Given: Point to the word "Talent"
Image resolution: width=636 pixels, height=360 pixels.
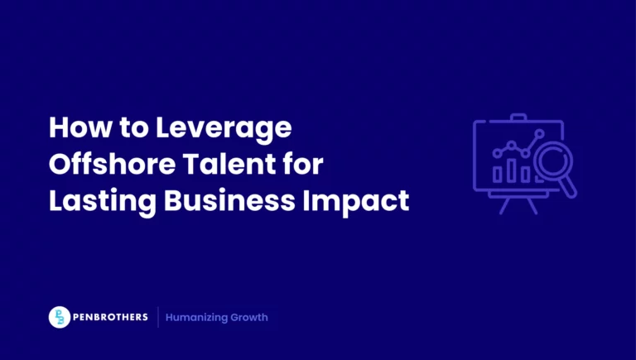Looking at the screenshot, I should coord(229,165).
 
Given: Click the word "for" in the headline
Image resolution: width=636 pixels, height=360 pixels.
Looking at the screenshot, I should coord(303,165).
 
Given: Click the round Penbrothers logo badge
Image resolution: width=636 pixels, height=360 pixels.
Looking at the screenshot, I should coord(59,318).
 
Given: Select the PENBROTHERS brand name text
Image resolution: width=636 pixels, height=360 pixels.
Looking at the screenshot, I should coord(110,318).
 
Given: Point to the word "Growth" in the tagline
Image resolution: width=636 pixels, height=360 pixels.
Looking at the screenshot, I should coord(251,318).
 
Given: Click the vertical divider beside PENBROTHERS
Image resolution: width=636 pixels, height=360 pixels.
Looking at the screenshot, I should coord(158,318).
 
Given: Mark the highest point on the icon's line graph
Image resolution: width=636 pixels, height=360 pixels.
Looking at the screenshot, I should coord(541,132).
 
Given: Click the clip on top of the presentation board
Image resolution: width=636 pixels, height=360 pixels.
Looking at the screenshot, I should coord(518,117).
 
